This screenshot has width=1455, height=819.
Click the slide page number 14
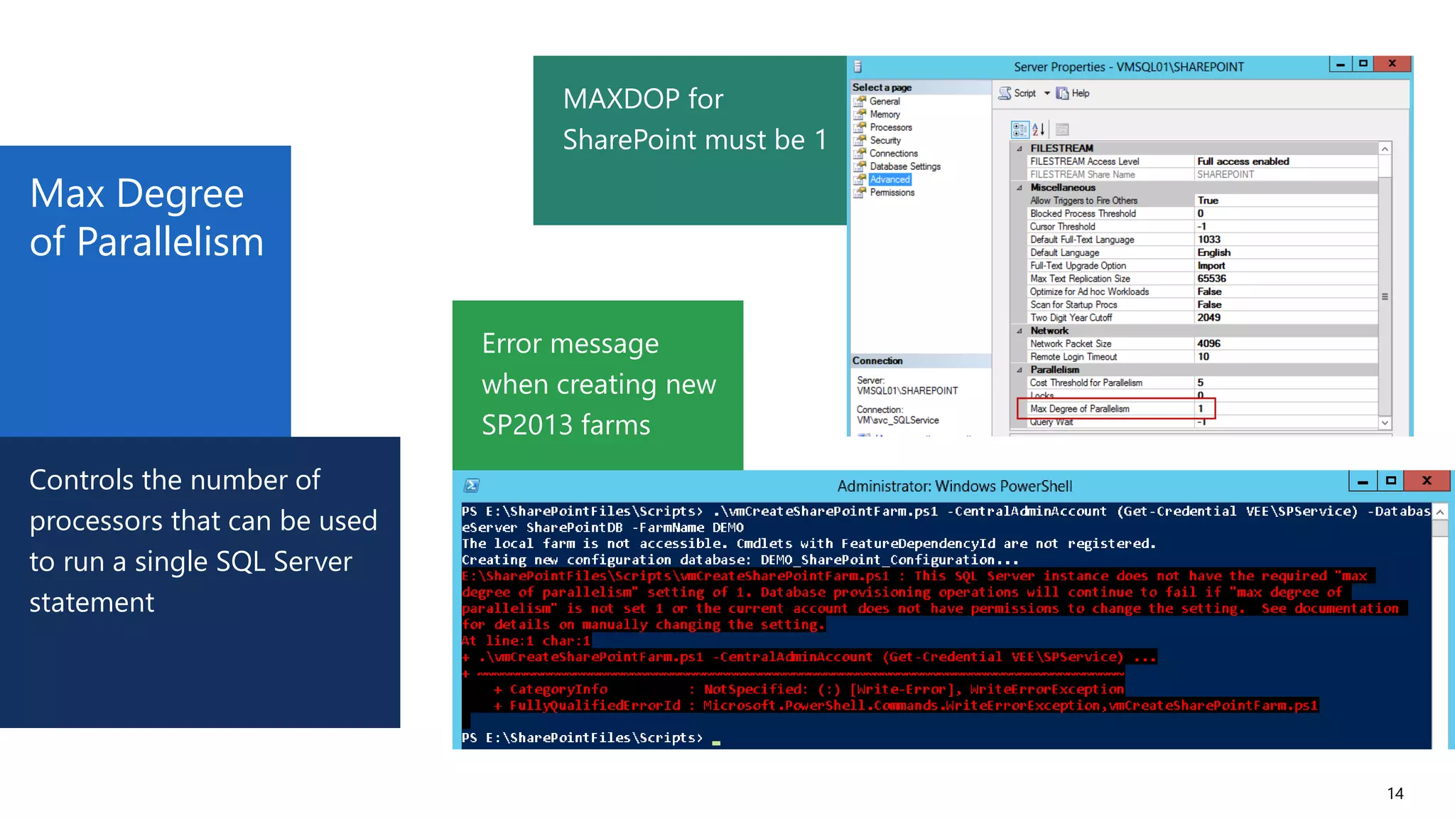[1395, 793]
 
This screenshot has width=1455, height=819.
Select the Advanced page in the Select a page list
[889, 180]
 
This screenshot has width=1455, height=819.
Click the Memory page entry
[885, 114]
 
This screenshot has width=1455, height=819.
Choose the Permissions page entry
[892, 193]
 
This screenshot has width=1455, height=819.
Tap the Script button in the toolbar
[1018, 93]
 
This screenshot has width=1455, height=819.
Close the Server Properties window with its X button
[1392, 64]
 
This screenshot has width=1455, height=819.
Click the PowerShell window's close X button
[1426, 481]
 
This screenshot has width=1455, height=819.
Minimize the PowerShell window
[1362, 481]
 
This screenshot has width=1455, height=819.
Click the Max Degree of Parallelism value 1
[1201, 409]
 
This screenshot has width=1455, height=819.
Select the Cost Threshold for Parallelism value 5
[1201, 382]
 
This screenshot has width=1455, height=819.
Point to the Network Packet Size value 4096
[1208, 343]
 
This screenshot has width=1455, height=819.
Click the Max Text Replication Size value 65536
[1211, 279]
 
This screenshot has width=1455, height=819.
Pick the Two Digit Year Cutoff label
[1071, 318]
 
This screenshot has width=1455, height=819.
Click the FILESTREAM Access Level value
[1243, 161]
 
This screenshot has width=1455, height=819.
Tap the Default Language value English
[1213, 252]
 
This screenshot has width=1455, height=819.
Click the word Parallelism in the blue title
[170, 242]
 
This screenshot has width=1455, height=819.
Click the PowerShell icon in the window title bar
[472, 486]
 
